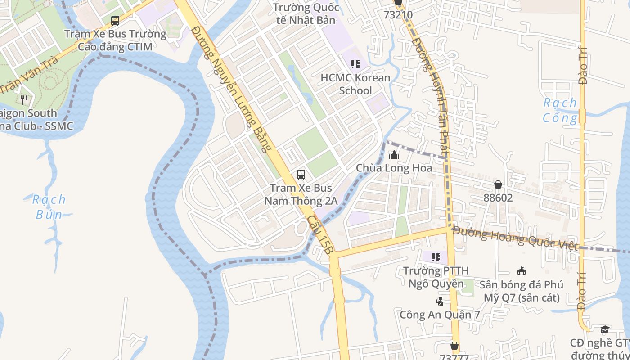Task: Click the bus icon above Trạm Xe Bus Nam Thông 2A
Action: [x=301, y=175]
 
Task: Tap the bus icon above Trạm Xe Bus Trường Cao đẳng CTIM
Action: [x=115, y=20]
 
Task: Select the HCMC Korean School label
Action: [x=355, y=84]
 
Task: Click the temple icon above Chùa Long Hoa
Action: [x=394, y=155]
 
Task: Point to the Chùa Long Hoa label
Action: [x=394, y=168]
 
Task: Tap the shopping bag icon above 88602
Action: [x=498, y=184]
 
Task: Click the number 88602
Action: [x=498, y=198]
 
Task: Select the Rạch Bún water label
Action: [x=49, y=207]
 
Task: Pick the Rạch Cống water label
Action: [x=560, y=110]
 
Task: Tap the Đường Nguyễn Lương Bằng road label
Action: [x=232, y=88]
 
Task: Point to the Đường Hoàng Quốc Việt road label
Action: [x=515, y=238]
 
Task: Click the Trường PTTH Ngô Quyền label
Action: [x=436, y=277]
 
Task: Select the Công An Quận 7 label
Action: [x=440, y=315]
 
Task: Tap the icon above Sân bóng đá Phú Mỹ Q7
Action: [x=522, y=271]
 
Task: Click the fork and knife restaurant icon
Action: [x=24, y=99]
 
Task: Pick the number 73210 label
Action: [x=398, y=14]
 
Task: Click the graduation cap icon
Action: [x=605, y=330]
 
